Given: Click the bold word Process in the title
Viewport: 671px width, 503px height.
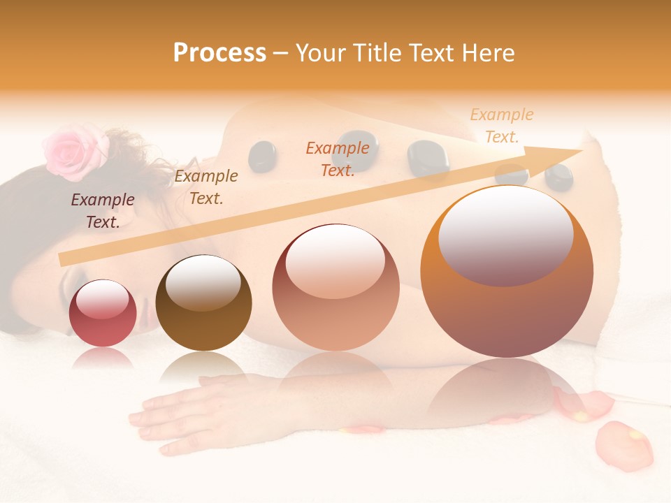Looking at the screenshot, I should (x=219, y=53).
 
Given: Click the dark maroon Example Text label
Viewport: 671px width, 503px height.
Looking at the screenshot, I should (x=103, y=210).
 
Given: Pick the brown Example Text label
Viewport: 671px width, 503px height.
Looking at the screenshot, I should (x=206, y=187).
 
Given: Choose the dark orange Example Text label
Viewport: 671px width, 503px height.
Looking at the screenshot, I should (x=338, y=159).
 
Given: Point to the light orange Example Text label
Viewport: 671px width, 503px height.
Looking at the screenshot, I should (x=502, y=126).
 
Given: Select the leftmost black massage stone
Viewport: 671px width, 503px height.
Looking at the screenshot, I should (x=262, y=156).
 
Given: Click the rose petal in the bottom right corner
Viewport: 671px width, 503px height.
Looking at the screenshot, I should (x=624, y=445).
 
